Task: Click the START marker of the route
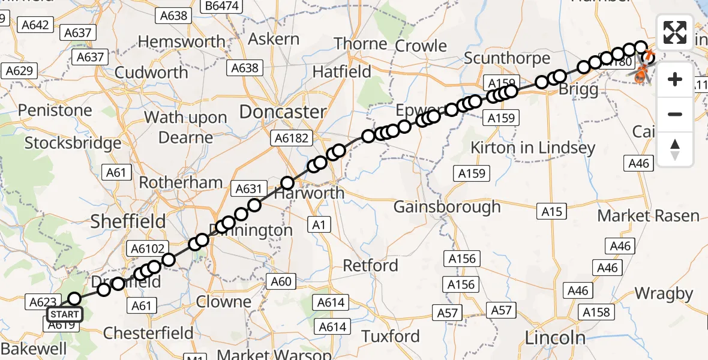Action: pos(63,314)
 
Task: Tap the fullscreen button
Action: pos(675,32)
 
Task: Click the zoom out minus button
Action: pos(675,114)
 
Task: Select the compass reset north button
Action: pos(675,149)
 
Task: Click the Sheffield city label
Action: pos(128,221)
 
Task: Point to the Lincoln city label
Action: pos(555,337)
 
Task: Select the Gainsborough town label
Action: pos(447,207)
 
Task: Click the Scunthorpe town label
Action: pos(507,58)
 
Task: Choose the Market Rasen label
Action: pos(648,215)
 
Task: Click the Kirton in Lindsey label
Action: pos(533,148)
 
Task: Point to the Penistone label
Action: pos(55,110)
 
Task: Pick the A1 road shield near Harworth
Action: pos(318,225)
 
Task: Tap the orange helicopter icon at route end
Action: pos(641,75)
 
